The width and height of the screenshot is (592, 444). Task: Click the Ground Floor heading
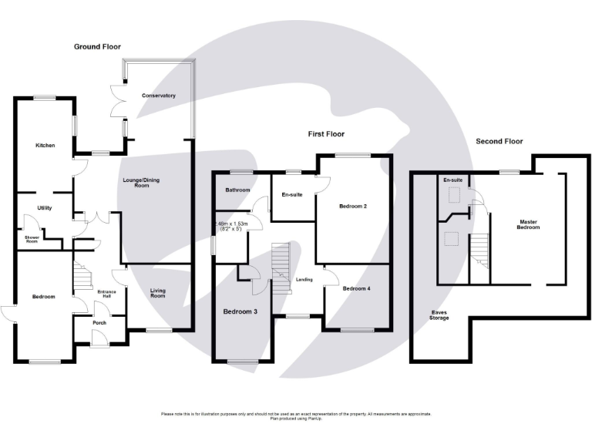click(x=98, y=47)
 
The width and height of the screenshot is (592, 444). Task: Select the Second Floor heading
click(x=499, y=141)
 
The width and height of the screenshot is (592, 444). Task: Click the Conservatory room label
click(x=159, y=96)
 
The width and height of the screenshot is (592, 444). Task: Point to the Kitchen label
click(x=44, y=145)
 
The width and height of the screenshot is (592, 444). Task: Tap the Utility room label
click(x=44, y=208)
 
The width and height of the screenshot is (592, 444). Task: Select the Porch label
click(x=99, y=322)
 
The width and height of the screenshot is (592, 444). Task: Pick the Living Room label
click(x=157, y=293)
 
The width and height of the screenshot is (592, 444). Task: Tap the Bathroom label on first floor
click(x=237, y=190)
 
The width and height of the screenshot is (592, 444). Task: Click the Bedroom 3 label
click(x=241, y=311)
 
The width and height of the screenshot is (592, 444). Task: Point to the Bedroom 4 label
click(x=356, y=288)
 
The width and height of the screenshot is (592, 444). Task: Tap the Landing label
click(x=304, y=279)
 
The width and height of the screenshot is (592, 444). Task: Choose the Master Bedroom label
click(x=527, y=225)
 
